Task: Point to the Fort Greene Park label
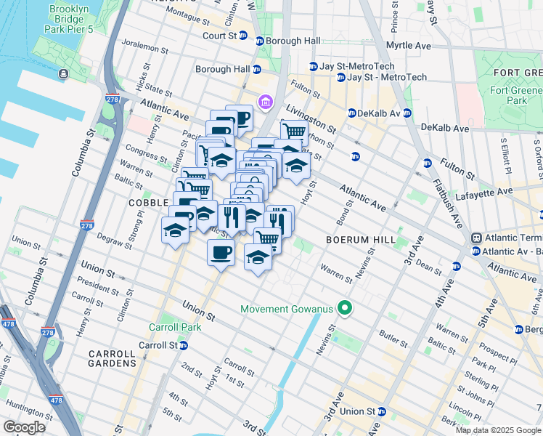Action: (x=517, y=95)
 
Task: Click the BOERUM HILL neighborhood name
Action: (x=361, y=240)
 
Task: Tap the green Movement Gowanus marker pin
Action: (x=346, y=309)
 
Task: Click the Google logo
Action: (x=24, y=427)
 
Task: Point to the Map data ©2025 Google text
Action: (x=498, y=430)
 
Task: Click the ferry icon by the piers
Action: (x=65, y=73)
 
